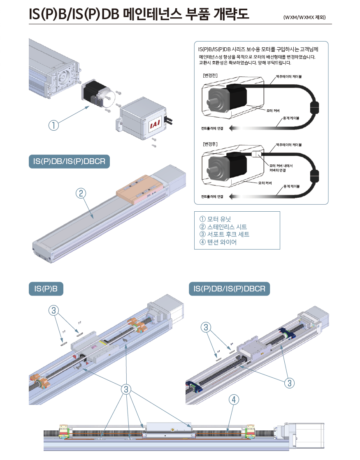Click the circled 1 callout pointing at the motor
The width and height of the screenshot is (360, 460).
53,125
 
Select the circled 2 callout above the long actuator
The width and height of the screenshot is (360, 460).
81,193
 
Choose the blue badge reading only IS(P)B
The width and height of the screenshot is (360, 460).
46,289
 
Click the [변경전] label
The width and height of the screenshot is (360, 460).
211,76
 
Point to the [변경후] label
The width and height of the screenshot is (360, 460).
211,145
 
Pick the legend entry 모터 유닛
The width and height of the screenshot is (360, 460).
216,219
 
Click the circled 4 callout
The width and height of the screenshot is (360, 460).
233,399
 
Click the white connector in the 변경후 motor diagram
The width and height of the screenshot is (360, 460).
255,155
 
